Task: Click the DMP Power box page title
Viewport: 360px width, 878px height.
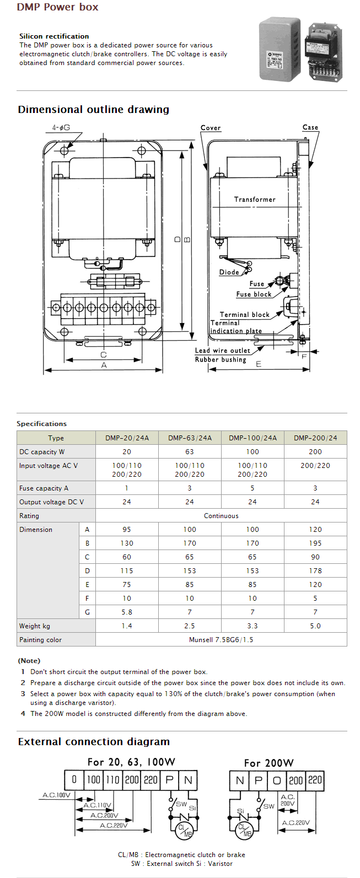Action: pos(57,7)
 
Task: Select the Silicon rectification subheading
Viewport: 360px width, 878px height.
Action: pos(54,36)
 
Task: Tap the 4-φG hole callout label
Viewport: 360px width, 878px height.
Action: pos(61,128)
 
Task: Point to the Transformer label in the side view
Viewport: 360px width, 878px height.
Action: pos(254,200)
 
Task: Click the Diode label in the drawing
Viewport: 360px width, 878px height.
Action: pos(229,272)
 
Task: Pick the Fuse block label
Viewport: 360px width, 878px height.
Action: pos(254,294)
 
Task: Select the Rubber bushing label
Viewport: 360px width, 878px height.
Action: pos(221,360)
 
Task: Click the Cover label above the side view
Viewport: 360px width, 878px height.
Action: pos(211,128)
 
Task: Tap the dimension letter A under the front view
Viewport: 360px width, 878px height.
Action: pos(104,365)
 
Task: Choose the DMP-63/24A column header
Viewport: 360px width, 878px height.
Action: pos(190,438)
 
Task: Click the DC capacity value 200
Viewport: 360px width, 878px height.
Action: pos(315,452)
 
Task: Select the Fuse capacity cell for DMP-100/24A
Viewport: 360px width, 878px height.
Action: pos(252,488)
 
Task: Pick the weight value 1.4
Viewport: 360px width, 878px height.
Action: pos(127,626)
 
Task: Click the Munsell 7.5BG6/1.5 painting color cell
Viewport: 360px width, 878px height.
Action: pos(221,640)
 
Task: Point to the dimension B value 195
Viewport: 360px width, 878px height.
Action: pos(315,543)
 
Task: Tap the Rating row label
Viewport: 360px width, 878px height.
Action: pos(29,516)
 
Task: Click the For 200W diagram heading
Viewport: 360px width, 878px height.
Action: pos(269,763)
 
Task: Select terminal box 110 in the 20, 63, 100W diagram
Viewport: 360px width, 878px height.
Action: pos(112,780)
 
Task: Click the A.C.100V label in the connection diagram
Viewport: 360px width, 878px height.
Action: pos(57,795)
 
